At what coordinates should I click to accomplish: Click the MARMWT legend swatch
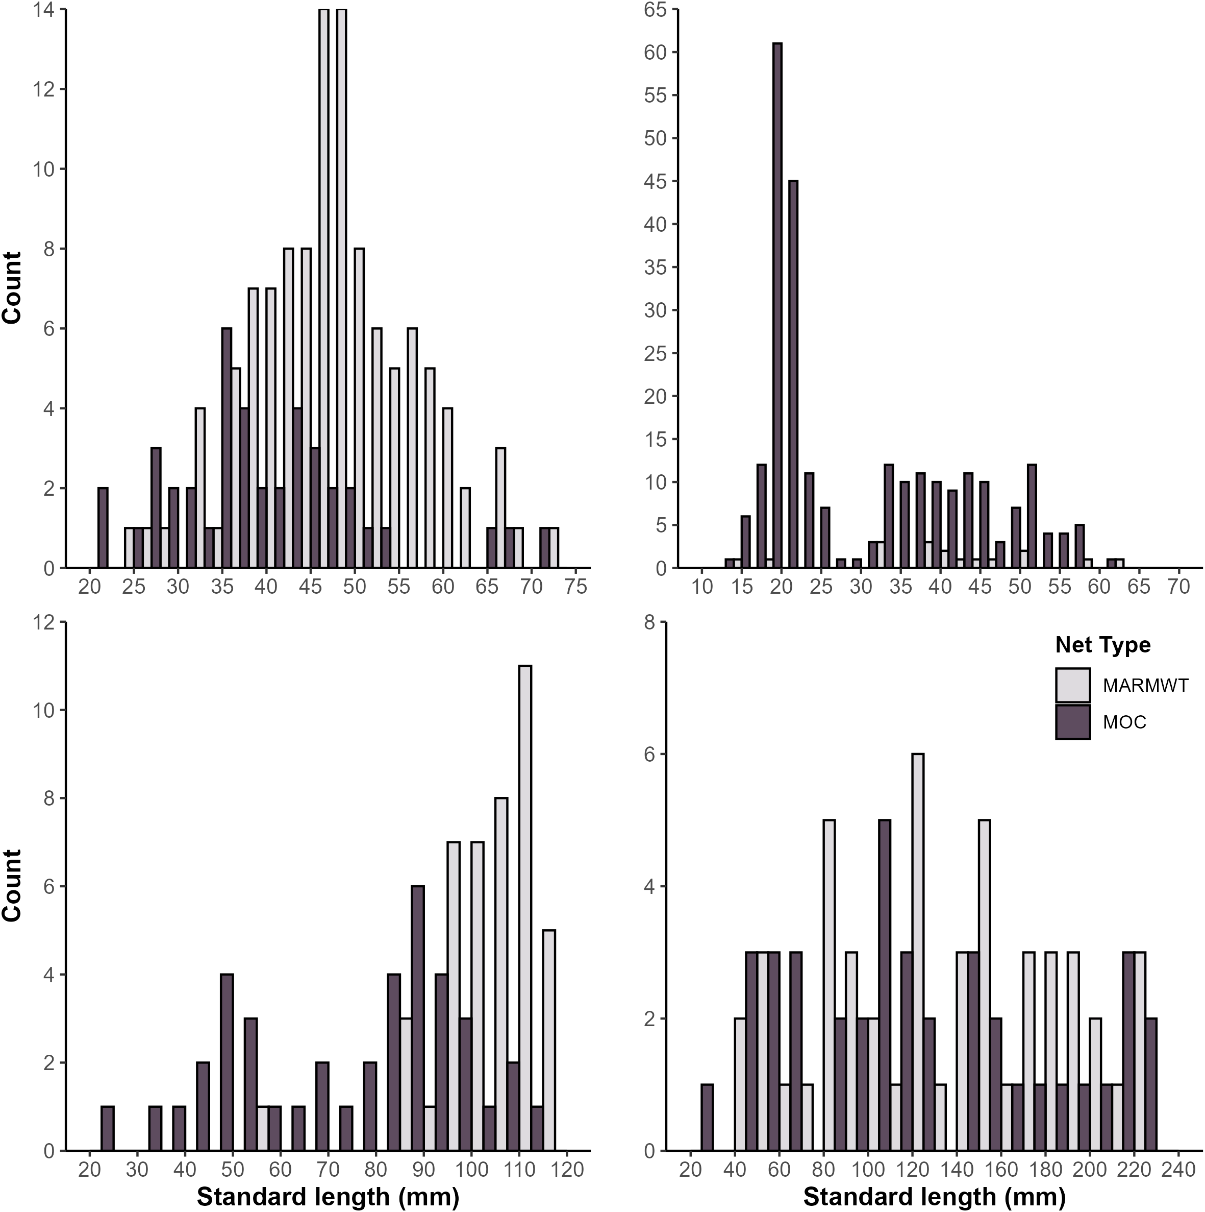tap(1073, 685)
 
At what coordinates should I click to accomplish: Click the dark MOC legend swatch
tap(1073, 722)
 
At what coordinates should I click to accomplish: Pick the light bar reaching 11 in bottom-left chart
tap(525, 910)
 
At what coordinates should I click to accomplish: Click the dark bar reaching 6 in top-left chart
tap(227, 449)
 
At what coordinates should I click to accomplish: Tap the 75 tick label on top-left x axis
tap(575, 587)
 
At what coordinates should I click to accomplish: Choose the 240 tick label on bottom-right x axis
tap(1178, 1170)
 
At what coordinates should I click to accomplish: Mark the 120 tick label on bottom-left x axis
tap(567, 1170)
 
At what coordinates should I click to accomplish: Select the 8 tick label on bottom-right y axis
tap(649, 622)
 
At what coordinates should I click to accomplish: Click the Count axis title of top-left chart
tap(13, 287)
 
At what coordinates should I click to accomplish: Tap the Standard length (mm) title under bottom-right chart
tap(934, 1197)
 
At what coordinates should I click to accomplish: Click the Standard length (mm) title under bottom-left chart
tap(328, 1197)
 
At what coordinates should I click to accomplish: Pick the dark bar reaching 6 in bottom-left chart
tap(417, 1020)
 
